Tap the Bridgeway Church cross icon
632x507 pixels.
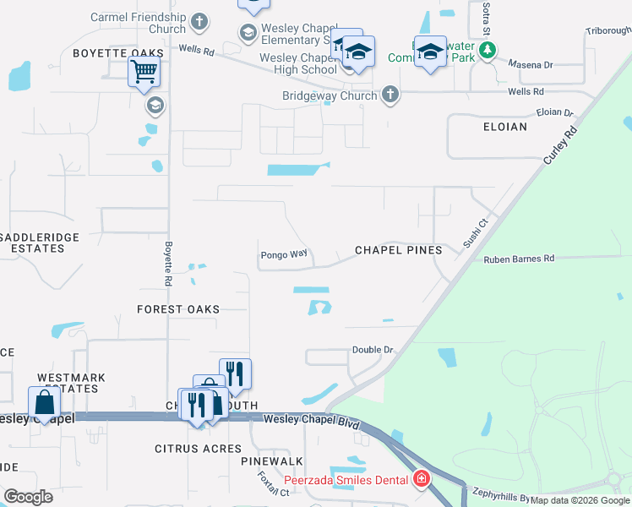[390, 95]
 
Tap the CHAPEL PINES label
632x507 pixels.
[398, 250]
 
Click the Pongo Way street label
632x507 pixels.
[283, 254]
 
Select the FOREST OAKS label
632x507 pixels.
[178, 309]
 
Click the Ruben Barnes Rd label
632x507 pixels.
[519, 259]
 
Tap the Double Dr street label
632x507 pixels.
[373, 350]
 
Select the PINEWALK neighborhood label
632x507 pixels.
[271, 461]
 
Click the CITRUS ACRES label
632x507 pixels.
[198, 448]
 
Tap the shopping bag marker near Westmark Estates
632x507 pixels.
[43, 402]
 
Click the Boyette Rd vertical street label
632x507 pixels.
[168, 264]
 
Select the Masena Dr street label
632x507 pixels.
[530, 64]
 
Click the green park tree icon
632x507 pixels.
[487, 52]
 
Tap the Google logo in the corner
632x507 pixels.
[28, 496]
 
